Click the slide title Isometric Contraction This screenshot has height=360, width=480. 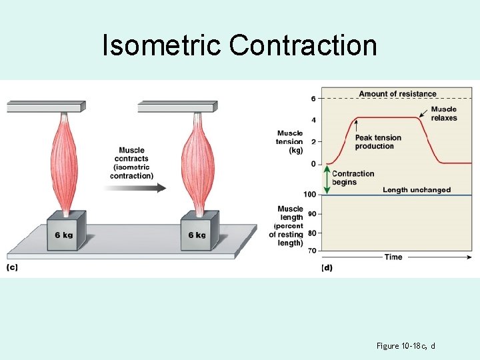(239, 45)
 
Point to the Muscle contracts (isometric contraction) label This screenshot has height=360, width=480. (132, 163)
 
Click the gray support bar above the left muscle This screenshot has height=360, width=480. (46, 106)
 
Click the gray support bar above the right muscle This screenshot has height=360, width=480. (177, 106)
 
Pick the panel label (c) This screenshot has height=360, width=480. (12, 267)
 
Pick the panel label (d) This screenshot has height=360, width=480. (326, 267)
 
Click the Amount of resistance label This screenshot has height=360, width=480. (397, 94)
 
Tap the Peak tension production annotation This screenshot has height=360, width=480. (378, 142)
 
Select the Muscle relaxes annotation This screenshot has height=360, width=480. (444, 113)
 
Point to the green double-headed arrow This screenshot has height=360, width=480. (327, 180)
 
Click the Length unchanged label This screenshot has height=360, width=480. (417, 190)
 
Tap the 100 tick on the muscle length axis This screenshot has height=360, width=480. (309, 195)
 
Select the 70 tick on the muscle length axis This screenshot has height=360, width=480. (311, 251)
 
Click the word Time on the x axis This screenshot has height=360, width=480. (393, 257)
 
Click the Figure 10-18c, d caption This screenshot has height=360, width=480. (406, 345)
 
